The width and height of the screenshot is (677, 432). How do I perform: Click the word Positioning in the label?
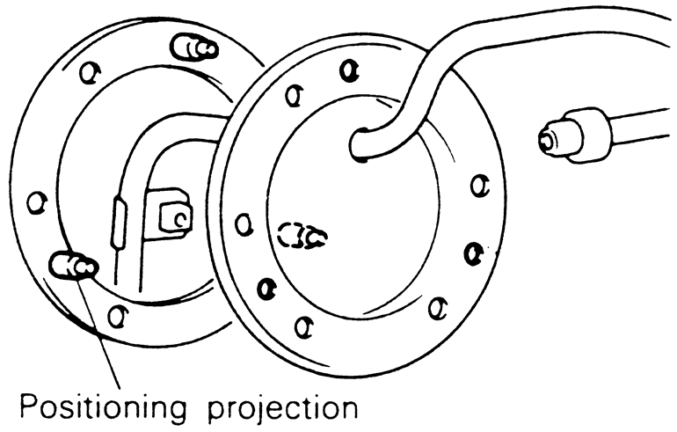point(102,407)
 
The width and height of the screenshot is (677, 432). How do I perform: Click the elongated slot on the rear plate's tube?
point(119,224)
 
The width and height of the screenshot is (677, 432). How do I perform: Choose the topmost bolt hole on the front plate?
point(349,70)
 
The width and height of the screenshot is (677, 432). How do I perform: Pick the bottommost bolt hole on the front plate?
point(302,327)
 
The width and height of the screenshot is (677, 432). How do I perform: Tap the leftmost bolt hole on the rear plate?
point(36,202)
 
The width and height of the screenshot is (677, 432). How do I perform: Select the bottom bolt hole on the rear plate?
point(115,314)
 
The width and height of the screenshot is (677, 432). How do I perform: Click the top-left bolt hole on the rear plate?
point(86,72)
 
